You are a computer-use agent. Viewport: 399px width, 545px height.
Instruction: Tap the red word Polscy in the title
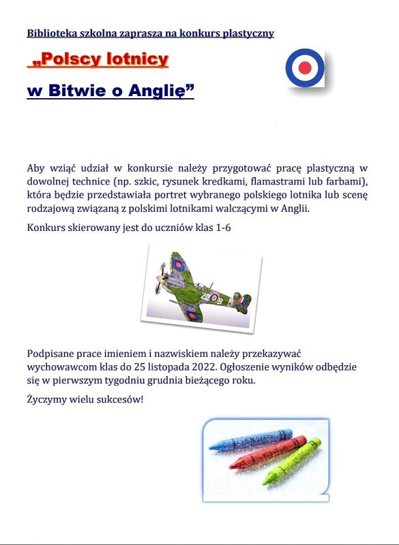point(65,60)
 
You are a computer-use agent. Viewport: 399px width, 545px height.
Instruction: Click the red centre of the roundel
point(305,67)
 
